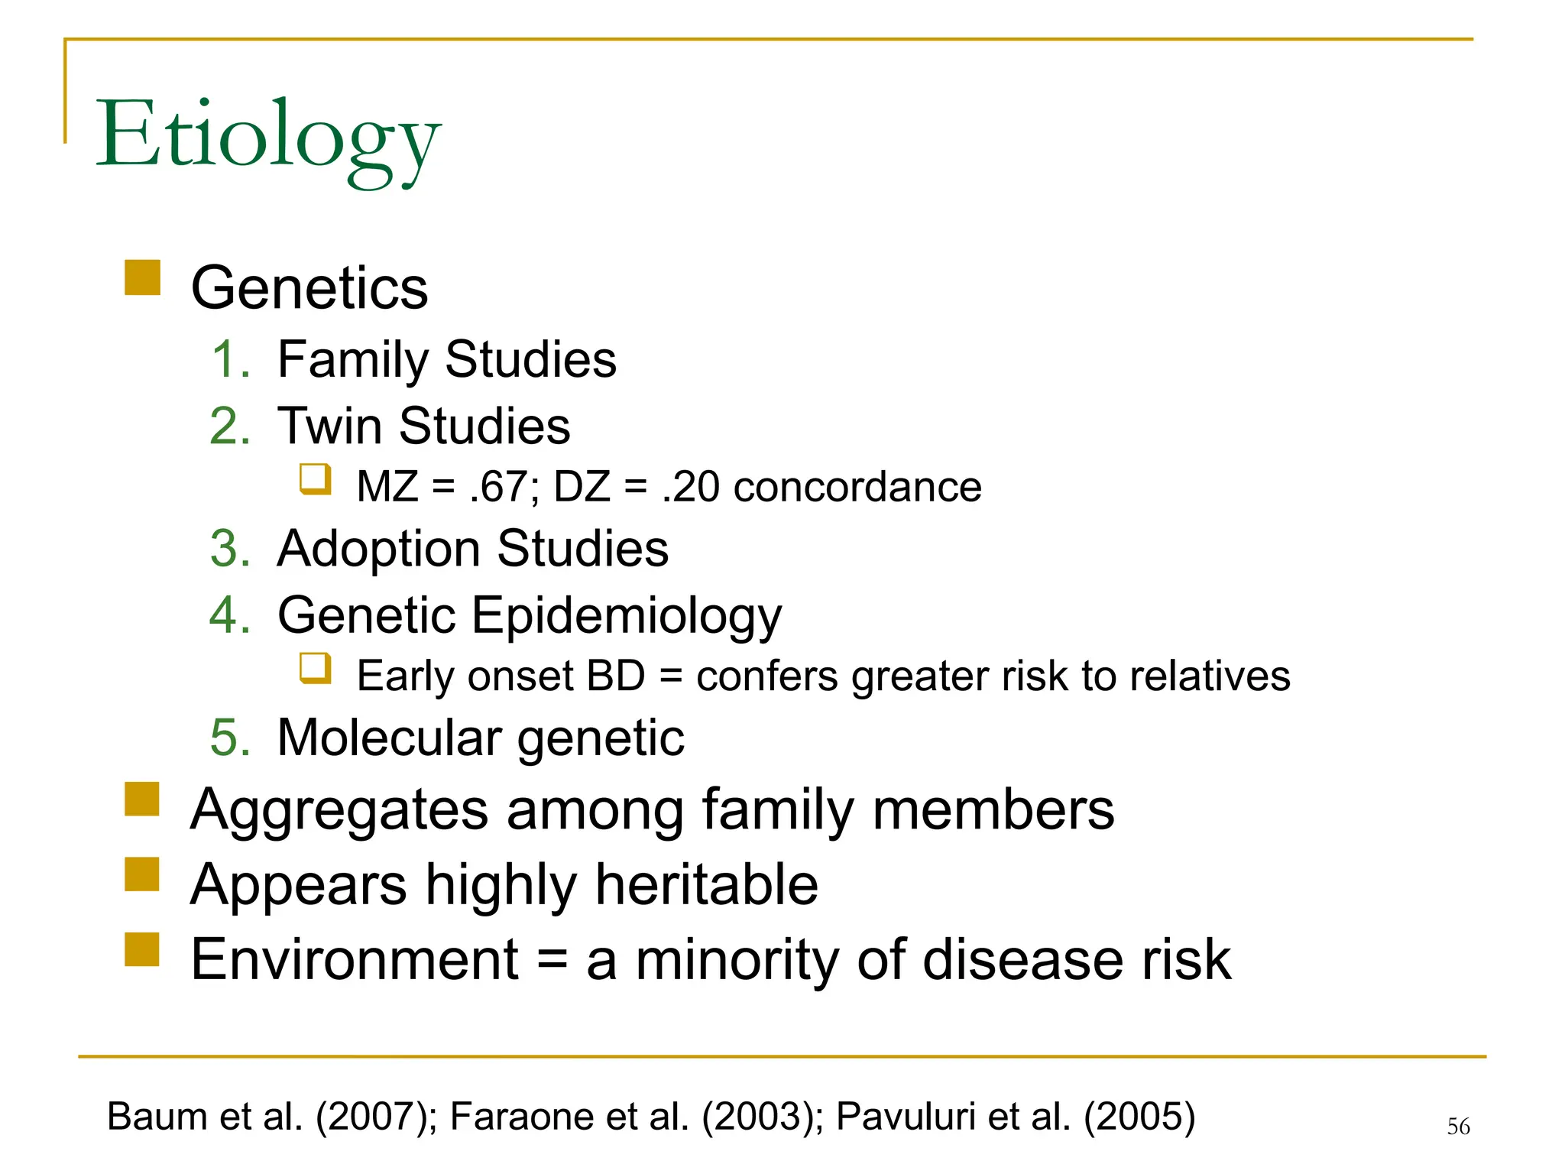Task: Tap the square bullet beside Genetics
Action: (142, 277)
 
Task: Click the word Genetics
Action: (309, 288)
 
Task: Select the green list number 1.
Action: (229, 359)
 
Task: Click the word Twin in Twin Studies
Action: (329, 426)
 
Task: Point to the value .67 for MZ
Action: (500, 487)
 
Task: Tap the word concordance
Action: (857, 487)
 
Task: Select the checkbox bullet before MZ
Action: (315, 479)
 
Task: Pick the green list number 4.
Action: (229, 615)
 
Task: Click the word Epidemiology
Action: (627, 615)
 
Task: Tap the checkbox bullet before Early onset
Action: (315, 668)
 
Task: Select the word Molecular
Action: (389, 738)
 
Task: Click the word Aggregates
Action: (339, 810)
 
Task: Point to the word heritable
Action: (706, 884)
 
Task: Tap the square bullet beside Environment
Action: (142, 949)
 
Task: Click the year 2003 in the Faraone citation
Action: (756, 1117)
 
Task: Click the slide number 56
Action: (1458, 1126)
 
